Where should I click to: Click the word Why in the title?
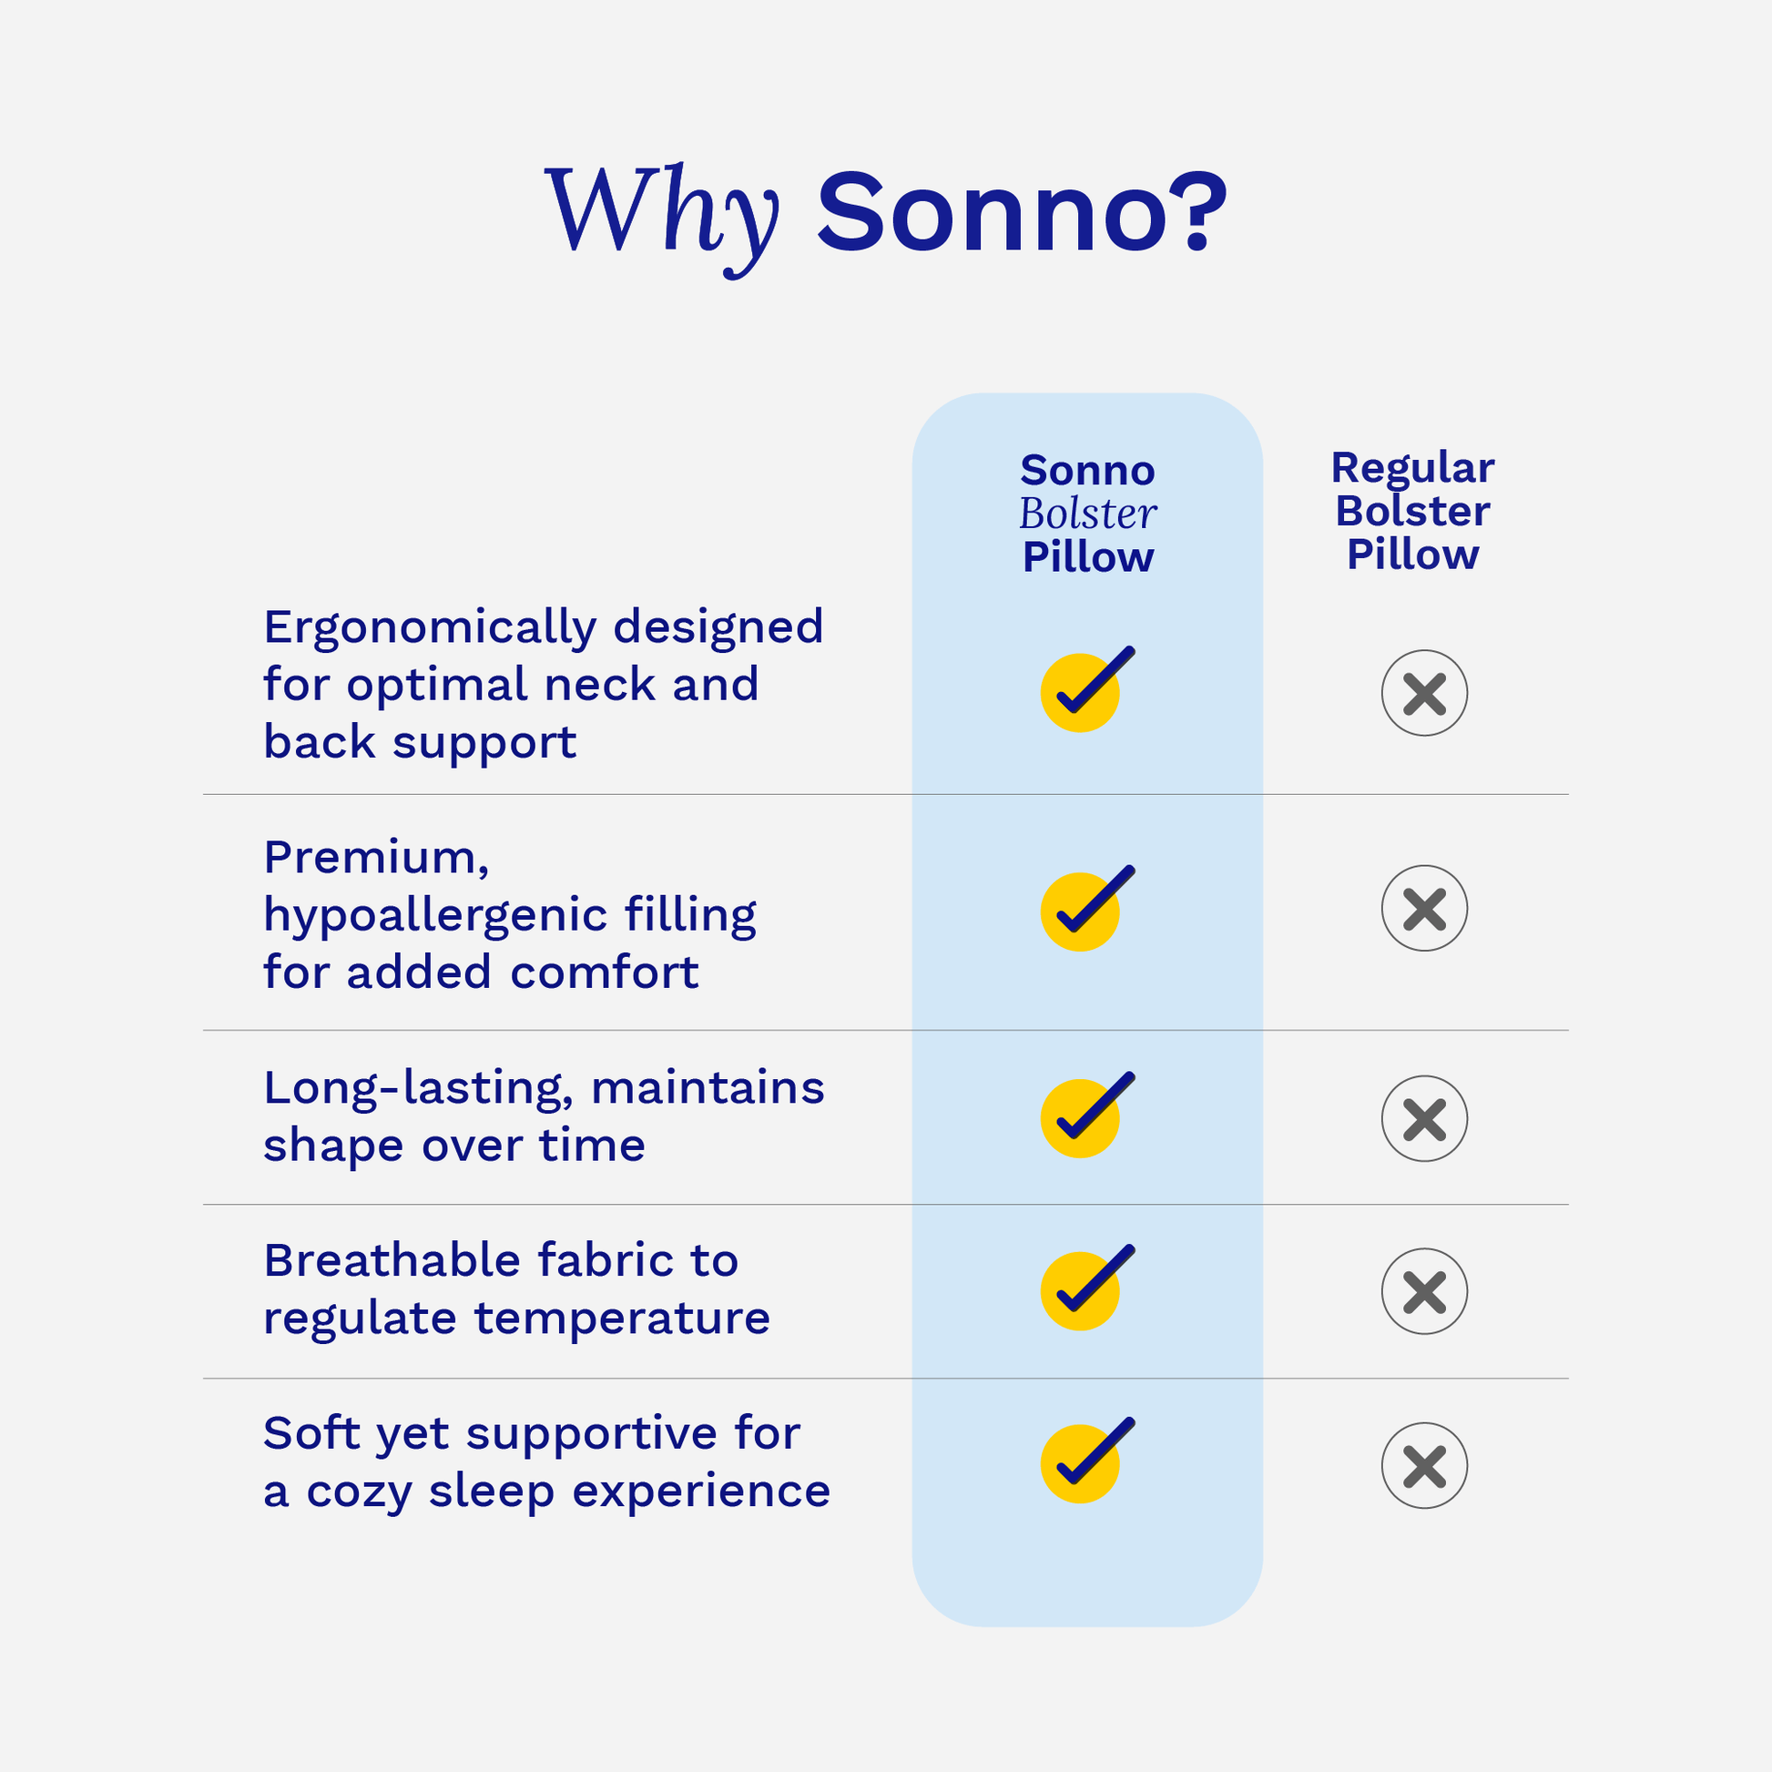[662, 218]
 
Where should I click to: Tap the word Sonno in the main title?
[992, 213]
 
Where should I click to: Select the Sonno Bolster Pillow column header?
[1088, 514]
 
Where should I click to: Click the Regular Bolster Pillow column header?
[1412, 511]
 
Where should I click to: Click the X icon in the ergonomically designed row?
[1424, 692]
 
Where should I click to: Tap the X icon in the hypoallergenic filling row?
[1424, 908]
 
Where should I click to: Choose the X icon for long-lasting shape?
[1424, 1118]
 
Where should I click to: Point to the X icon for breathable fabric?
[1424, 1291]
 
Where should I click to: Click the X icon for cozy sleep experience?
[1424, 1465]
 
